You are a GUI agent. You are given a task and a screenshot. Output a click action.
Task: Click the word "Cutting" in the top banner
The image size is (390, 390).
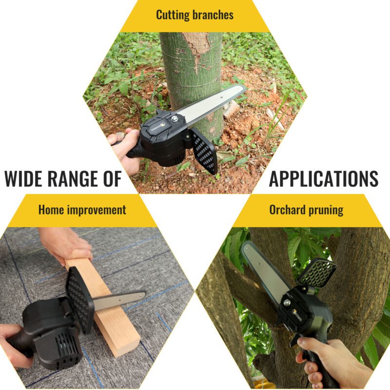[173, 15]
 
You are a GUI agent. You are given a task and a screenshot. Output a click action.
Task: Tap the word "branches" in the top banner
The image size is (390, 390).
[213, 15]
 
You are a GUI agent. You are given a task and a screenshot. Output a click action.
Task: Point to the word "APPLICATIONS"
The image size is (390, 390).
[324, 178]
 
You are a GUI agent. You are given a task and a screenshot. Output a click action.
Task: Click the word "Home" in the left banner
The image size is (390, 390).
[51, 210]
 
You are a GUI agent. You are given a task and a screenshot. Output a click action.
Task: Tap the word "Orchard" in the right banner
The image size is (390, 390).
[287, 210]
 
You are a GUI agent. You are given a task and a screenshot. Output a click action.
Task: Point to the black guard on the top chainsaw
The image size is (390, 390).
[204, 151]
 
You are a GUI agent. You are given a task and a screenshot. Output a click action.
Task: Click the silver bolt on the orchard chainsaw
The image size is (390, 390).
[287, 303]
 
